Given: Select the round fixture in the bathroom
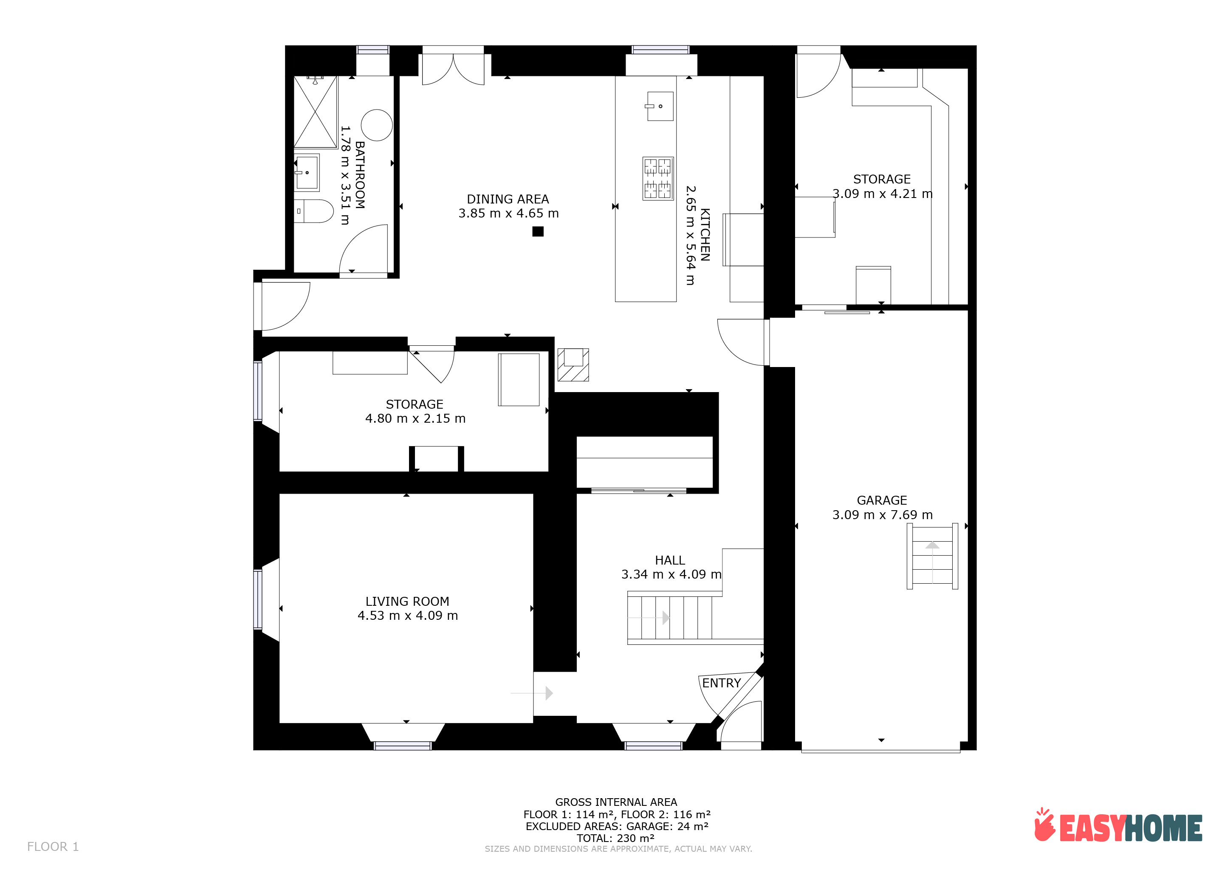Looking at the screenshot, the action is tap(377, 125).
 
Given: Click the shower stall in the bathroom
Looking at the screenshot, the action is tap(316, 112).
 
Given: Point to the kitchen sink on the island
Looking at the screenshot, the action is tap(660, 106).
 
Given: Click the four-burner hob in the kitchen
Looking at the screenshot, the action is tap(658, 178).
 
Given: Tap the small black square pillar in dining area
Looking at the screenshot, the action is tap(538, 232).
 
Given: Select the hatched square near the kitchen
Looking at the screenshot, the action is tap(573, 365).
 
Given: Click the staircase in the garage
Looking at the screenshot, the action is tap(932, 556).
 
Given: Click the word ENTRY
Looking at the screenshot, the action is tap(722, 683).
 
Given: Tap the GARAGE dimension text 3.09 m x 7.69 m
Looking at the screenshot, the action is tap(882, 515).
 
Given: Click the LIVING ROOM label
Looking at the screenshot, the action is tap(407, 602).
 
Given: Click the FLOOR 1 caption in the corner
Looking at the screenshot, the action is tap(53, 847).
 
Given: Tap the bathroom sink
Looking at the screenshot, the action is tap(307, 172).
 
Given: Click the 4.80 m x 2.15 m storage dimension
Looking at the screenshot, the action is tap(415, 418).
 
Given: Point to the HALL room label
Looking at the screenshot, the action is tap(670, 560).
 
